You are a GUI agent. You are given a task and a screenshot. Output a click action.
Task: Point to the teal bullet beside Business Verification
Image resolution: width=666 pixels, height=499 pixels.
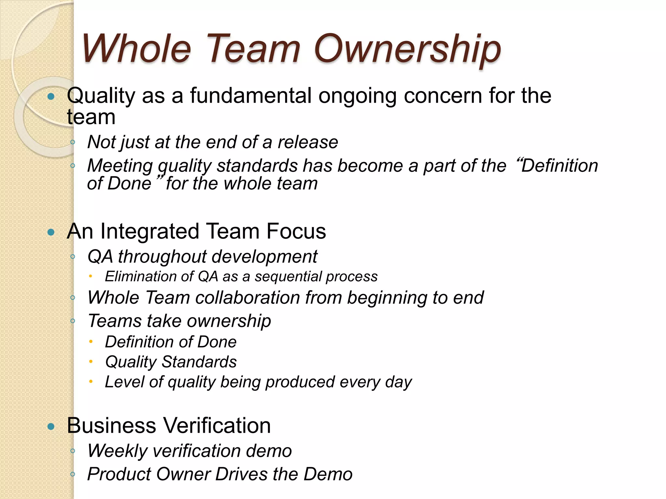click(51, 426)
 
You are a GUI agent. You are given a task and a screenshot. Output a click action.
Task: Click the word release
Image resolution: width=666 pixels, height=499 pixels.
click(308, 142)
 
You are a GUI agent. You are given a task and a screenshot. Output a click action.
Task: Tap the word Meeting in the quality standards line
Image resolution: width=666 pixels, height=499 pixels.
click(120, 166)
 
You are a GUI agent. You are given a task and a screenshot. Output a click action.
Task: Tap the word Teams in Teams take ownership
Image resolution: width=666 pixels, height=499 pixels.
click(115, 321)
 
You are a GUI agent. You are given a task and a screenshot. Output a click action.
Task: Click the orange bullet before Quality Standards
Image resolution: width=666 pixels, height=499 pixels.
click(91, 362)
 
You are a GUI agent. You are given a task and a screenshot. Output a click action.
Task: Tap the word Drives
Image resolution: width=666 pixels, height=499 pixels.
click(242, 474)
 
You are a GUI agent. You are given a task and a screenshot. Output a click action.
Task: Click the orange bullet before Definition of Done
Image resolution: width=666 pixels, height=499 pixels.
click(91, 342)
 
